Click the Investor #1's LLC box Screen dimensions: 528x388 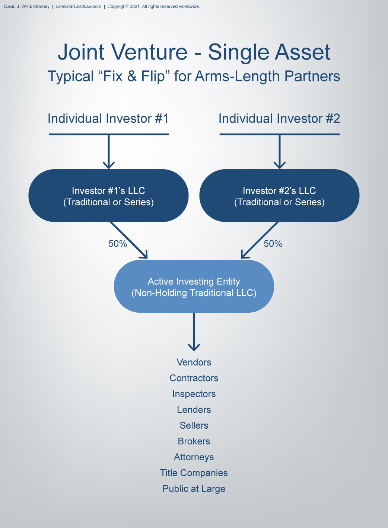108,196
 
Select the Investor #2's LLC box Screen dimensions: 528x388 279,196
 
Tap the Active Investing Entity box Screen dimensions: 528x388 194,287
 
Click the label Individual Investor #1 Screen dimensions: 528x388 108,119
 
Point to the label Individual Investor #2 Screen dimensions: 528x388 279,119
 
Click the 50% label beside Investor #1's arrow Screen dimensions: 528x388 118,244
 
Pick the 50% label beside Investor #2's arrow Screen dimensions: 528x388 273,244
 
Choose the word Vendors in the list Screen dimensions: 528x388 194,362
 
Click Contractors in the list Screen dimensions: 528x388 194,378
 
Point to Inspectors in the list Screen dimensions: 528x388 194,394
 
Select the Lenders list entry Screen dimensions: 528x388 194,410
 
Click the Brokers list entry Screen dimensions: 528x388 194,441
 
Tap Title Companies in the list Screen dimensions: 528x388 194,473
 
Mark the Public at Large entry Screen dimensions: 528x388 194,489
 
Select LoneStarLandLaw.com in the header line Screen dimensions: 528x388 78,6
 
